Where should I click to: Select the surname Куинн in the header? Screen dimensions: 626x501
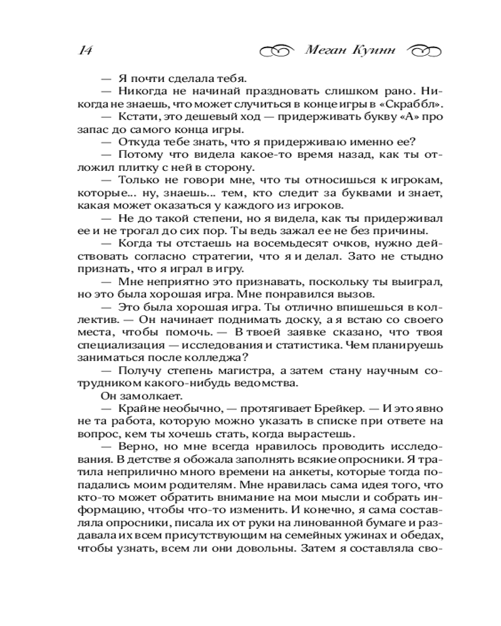pos(378,50)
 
